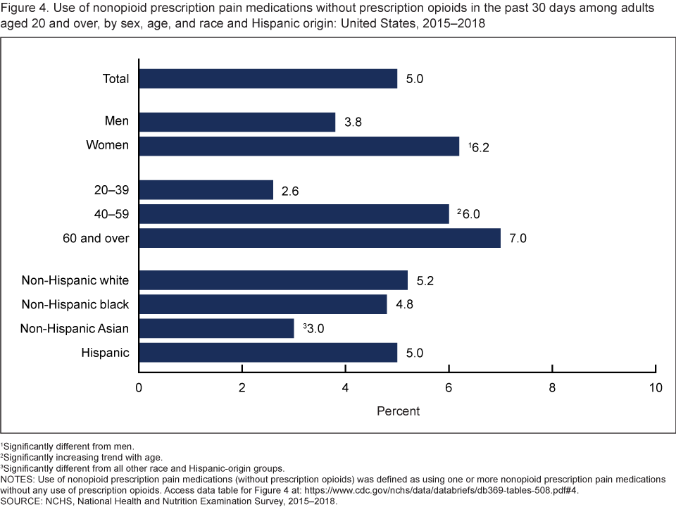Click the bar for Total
[x=268, y=78]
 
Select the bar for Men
[x=237, y=122]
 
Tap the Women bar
[x=299, y=146]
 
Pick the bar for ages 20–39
[x=206, y=190]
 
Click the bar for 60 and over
[x=319, y=238]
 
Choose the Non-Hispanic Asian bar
[x=216, y=328]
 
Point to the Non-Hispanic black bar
[x=263, y=304]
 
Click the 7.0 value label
[x=518, y=238]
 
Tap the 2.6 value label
[x=290, y=190]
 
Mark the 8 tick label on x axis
[x=552, y=388]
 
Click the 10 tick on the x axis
[x=655, y=388]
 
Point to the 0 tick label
[x=139, y=388]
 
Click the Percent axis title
[x=398, y=411]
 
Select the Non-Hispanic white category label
[x=75, y=280]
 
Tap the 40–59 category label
[x=108, y=214]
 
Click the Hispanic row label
[x=106, y=352]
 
